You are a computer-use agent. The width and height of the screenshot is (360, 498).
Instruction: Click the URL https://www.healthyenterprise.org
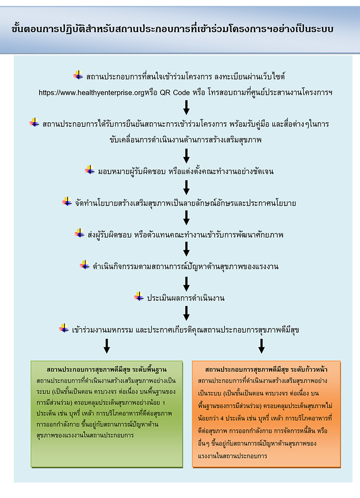91,93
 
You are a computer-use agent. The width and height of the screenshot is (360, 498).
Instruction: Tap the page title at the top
172,29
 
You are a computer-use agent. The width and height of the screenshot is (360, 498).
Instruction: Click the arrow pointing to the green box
107,346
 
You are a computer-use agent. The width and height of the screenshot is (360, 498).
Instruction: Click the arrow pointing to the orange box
261,346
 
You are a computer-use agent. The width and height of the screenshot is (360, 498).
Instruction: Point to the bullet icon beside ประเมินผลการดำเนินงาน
139,296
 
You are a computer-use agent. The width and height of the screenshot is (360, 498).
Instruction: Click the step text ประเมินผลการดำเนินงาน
185,298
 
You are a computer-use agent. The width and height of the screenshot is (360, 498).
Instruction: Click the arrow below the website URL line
186,108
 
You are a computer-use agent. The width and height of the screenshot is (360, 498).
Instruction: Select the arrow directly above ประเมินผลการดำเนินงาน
186,284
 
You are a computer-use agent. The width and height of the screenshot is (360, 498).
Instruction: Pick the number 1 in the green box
164,403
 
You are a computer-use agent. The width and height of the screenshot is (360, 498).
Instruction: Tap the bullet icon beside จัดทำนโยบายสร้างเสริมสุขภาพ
67,202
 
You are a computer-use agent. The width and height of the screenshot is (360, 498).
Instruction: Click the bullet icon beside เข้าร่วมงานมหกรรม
64,328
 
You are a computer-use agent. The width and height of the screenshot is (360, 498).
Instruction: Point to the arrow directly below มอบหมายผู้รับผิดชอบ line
186,188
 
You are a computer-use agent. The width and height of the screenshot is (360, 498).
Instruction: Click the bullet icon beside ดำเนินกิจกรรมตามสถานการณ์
85,265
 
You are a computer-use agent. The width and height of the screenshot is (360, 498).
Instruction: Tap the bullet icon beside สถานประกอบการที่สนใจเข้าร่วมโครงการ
78,75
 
